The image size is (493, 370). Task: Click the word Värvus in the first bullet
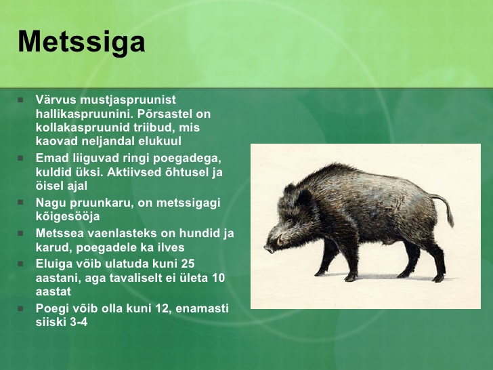[x=56, y=100]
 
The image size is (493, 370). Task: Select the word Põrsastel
[x=162, y=114]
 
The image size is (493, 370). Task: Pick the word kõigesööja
[x=68, y=217]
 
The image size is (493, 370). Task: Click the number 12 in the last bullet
[x=163, y=308]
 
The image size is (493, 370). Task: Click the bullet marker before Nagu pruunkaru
[x=20, y=203]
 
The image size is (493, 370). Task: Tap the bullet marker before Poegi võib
[x=20, y=308]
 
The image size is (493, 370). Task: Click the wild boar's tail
[x=444, y=207]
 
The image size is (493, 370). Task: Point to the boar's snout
[x=270, y=249]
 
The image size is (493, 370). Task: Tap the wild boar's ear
[x=303, y=197]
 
